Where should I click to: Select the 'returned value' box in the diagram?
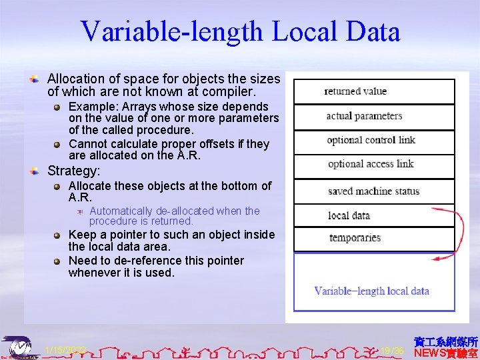pos(374,91)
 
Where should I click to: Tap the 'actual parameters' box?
pos(374,117)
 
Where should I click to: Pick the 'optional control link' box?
pos(374,141)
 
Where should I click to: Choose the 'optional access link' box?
pos(374,165)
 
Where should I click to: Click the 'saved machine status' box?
pos(374,191)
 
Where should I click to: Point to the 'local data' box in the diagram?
pos(374,215)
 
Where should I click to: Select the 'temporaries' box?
pos(374,238)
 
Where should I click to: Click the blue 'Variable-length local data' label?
pos(371,291)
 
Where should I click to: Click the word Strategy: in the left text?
pos(74,171)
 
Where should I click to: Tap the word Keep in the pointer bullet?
pos(82,235)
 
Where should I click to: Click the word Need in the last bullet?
pos(82,261)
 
